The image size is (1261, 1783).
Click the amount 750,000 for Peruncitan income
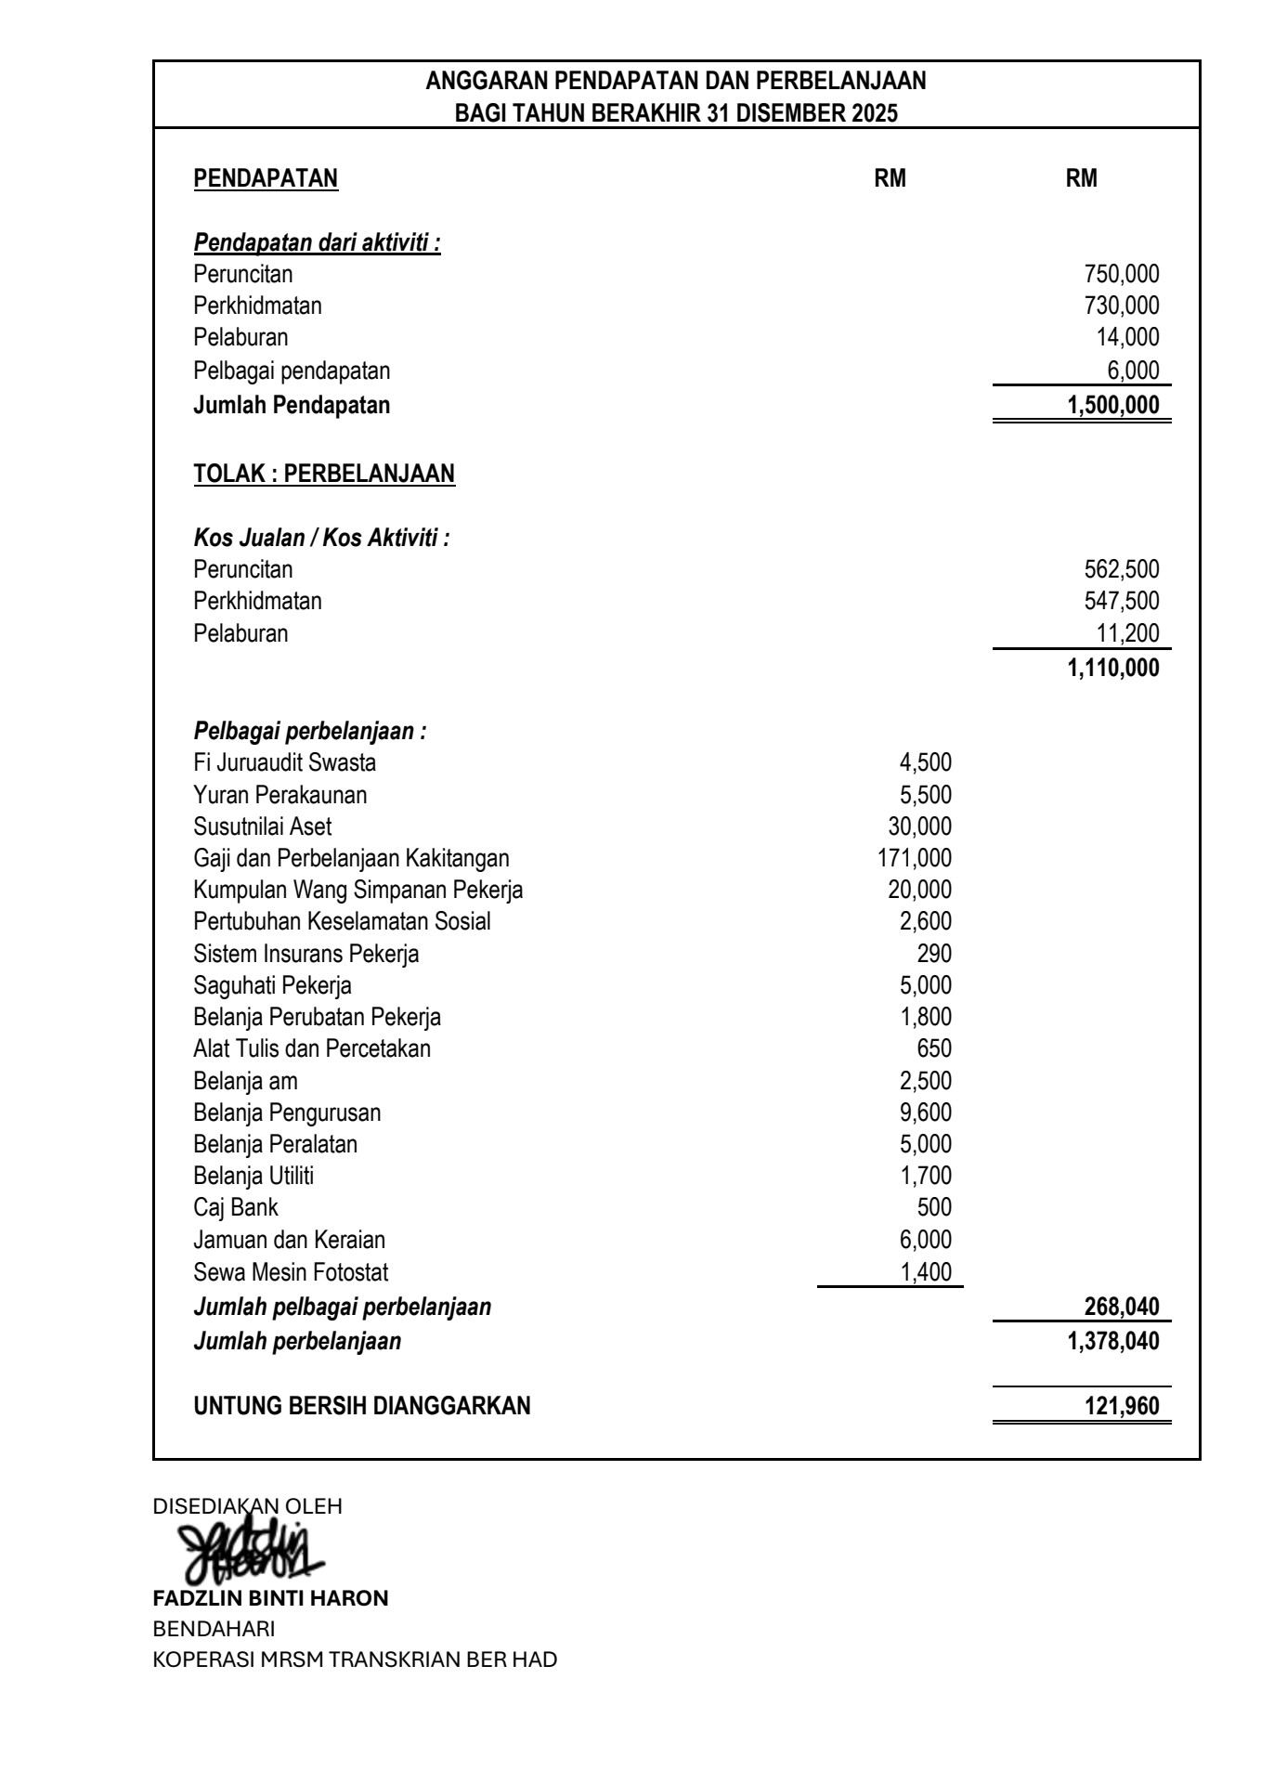[1121, 274]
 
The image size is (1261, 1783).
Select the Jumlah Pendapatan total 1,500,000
[1112, 406]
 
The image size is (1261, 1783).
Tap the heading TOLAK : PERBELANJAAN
[324, 474]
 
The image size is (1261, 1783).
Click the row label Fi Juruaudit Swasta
[284, 763]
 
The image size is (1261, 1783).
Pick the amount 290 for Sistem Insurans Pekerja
[934, 954]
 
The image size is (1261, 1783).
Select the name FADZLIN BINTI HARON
[270, 1598]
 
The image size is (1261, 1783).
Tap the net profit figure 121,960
[1122, 1406]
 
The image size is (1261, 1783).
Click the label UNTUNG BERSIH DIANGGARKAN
[362, 1406]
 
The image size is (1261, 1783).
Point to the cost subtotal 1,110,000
[1112, 668]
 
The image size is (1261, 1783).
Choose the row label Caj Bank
[235, 1207]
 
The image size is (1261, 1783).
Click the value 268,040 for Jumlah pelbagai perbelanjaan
[1122, 1308]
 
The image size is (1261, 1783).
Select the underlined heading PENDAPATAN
[266, 178]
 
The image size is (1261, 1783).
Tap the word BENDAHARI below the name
[214, 1629]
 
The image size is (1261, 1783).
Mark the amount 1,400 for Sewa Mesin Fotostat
[926, 1272]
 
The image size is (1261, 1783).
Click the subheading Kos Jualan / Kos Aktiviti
[321, 538]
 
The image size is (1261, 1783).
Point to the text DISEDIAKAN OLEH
[247, 1506]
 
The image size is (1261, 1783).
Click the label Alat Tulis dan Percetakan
[312, 1049]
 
